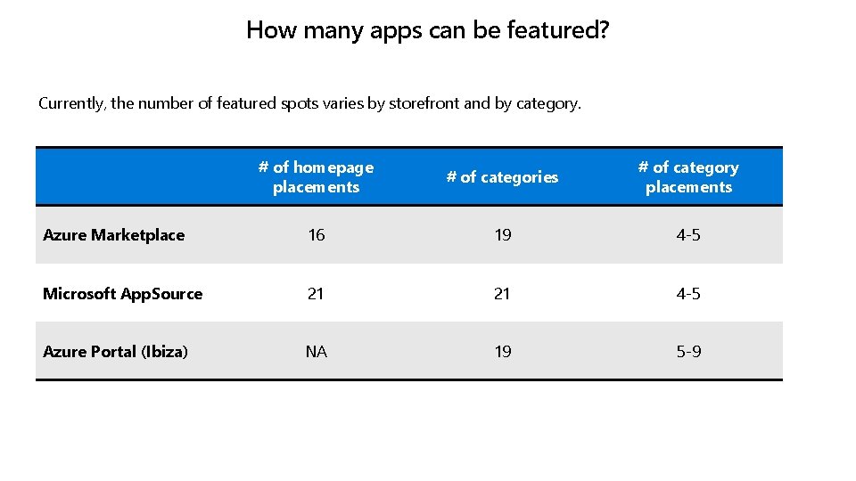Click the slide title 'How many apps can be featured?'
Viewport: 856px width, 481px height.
coord(427,30)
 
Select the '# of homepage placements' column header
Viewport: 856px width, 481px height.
coord(316,177)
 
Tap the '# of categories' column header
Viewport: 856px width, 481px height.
coord(502,177)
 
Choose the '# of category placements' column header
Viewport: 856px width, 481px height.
coord(688,177)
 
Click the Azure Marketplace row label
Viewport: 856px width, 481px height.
coord(113,235)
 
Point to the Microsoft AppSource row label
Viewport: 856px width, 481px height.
coord(122,294)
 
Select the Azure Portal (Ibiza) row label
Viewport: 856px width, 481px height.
coord(115,352)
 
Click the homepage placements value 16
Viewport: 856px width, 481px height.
coord(316,235)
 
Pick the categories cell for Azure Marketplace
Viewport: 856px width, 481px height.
coord(503,235)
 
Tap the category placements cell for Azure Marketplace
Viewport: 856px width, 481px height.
coord(688,235)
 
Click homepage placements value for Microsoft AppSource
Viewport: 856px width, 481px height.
coord(316,294)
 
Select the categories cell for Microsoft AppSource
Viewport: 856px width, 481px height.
coord(503,294)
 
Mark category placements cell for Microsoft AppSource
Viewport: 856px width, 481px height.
coord(688,294)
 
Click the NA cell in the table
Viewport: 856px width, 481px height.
coord(316,352)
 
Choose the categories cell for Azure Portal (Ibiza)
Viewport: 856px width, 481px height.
coord(503,352)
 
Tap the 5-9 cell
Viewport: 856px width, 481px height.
coord(688,352)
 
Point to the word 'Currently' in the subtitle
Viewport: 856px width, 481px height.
coord(71,103)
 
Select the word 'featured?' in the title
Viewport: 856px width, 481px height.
coord(558,30)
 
